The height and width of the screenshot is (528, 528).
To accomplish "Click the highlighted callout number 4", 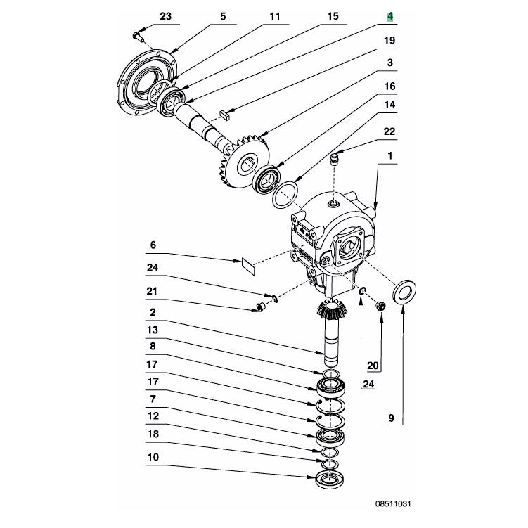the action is click(390, 16).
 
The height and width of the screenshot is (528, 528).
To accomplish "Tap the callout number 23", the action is click(165, 16).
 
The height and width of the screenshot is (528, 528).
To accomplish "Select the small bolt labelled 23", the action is click(138, 37).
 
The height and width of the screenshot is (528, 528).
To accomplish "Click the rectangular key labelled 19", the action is click(224, 115).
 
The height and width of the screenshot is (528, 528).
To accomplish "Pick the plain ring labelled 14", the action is click(285, 195).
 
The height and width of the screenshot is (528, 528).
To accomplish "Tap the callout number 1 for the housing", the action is click(390, 156).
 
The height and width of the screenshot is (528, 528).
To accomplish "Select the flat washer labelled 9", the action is click(404, 291).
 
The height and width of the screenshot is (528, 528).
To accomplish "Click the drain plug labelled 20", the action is click(380, 306).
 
